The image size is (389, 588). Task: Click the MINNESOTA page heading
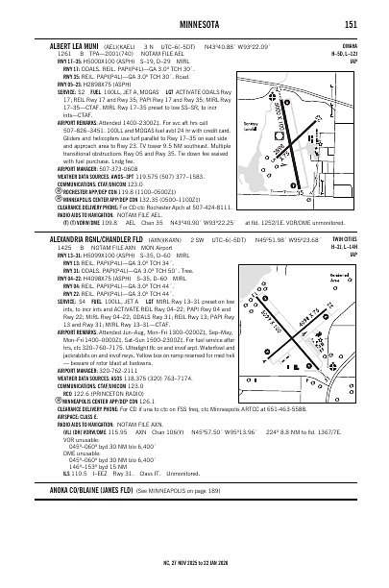click(x=194, y=23)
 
